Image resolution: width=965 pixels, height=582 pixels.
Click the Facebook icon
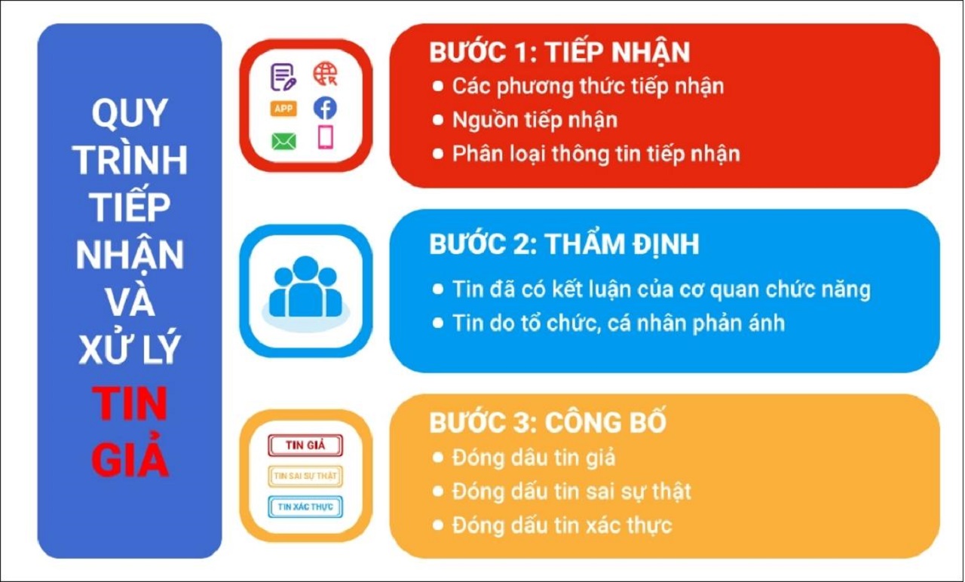325,109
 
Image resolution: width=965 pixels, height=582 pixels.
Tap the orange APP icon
283,109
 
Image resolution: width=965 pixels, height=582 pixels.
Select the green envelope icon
283,141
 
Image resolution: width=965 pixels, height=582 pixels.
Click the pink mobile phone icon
325,137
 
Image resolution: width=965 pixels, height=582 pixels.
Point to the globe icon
325,75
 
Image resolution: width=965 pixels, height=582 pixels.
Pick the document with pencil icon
283,76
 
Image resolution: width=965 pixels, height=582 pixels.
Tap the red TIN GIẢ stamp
305,445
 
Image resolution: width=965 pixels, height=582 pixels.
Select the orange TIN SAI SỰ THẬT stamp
305,476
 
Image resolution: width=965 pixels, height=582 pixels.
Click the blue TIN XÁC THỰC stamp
305,507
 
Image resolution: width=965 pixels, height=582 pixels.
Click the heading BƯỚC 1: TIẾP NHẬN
559,52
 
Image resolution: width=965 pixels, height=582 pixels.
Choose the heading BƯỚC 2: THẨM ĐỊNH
564,244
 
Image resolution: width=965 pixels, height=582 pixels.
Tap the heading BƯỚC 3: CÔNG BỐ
548,423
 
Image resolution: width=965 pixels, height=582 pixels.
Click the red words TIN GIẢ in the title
130,433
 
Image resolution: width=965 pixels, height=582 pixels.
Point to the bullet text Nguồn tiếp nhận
535,120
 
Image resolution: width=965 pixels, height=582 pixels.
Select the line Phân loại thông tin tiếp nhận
596,154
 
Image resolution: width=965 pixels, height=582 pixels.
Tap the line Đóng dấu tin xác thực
562,525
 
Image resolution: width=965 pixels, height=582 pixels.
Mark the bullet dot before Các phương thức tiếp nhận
438,86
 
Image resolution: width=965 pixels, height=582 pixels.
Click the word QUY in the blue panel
130,113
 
